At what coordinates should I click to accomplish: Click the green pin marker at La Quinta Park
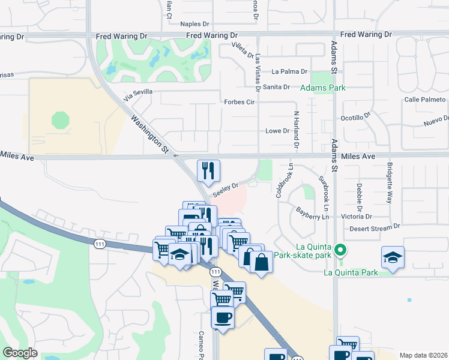(340, 249)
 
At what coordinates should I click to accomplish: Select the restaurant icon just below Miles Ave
(208, 170)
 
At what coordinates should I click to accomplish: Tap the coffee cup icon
(223, 317)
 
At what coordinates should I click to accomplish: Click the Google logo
(20, 353)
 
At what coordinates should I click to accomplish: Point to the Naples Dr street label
(198, 25)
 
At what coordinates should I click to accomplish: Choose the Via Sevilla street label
(138, 94)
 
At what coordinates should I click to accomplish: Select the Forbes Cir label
(240, 102)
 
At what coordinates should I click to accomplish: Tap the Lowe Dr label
(277, 131)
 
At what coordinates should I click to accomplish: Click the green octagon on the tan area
(60, 120)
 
